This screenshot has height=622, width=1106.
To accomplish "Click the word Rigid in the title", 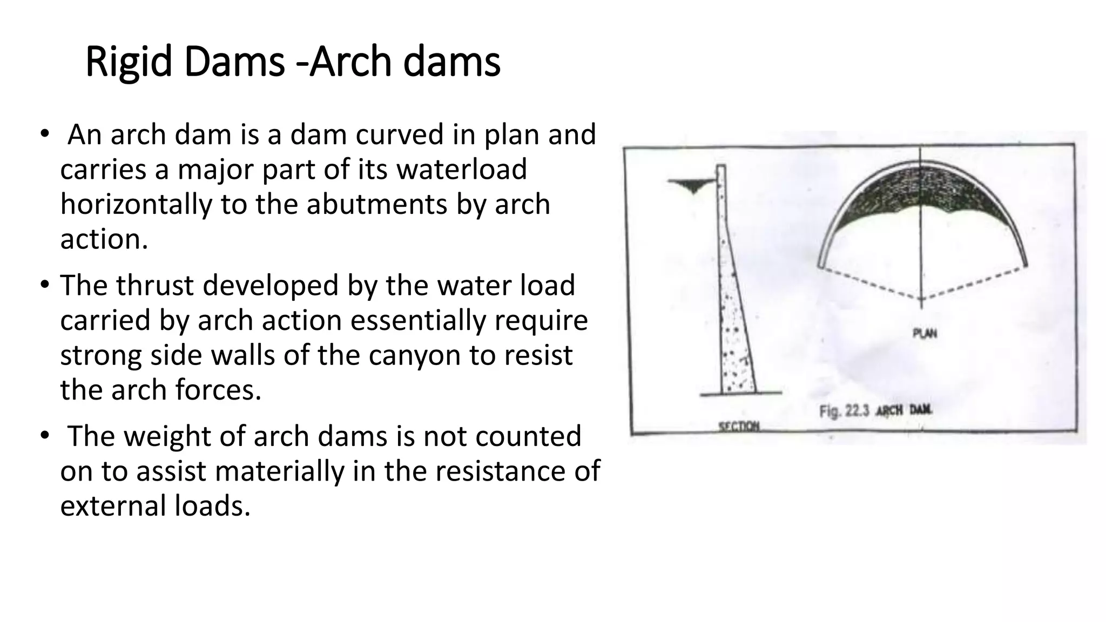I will pyautogui.click(x=129, y=62).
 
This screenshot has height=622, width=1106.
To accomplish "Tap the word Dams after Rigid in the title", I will pyautogui.click(x=233, y=62).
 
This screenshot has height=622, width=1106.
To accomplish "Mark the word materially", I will pyautogui.click(x=280, y=471).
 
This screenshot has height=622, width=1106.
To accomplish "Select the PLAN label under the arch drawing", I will pyautogui.click(x=925, y=334).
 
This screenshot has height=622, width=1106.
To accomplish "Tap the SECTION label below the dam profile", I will pyautogui.click(x=739, y=427).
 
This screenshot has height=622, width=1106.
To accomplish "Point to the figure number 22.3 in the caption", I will pyautogui.click(x=857, y=411).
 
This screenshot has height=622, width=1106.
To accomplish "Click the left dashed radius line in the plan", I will pyautogui.click(x=869, y=283).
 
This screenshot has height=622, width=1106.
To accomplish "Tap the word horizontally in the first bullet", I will pyautogui.click(x=136, y=205).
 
